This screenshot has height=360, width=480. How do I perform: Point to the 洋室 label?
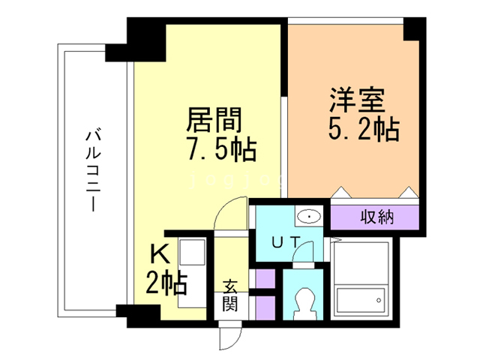tap(357, 101)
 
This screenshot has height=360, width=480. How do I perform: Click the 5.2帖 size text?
tap(363, 130)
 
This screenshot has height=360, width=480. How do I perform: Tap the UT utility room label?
tap(286, 241)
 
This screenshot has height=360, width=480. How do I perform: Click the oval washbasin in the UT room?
tap(308, 217)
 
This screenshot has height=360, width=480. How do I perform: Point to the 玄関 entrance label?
tap(229, 295)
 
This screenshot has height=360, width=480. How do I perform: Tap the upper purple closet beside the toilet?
tap(264, 279)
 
